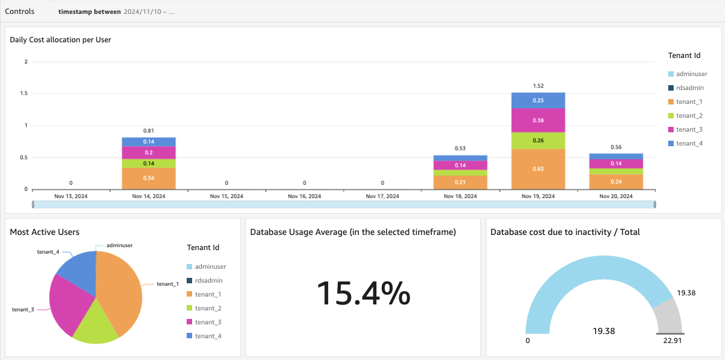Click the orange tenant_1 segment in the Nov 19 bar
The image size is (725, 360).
pyautogui.click(x=538, y=169)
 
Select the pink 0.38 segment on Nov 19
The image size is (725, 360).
pyautogui.click(x=538, y=120)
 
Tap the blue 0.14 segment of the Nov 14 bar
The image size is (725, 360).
pyautogui.click(x=149, y=141)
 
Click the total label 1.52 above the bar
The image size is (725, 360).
pyautogui.click(x=538, y=86)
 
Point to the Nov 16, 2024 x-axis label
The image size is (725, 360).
pyautogui.click(x=304, y=196)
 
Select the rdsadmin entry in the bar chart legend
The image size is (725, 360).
pyautogui.click(x=689, y=88)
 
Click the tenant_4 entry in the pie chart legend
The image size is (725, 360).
pyautogui.click(x=208, y=336)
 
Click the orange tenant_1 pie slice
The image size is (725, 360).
pyautogui.click(x=121, y=284)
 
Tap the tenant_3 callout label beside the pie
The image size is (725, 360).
pyautogui.click(x=23, y=309)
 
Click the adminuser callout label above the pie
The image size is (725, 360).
pyautogui.click(x=119, y=245)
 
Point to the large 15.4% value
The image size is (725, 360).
pyautogui.click(x=363, y=294)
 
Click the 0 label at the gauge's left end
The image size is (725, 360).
pyautogui.click(x=527, y=341)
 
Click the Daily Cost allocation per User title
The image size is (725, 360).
pyautogui.click(x=60, y=40)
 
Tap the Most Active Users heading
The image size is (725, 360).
pyautogui.click(x=45, y=232)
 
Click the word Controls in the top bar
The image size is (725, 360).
pyautogui.click(x=19, y=11)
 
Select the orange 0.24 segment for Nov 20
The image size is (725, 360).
pyautogui.click(x=616, y=182)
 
